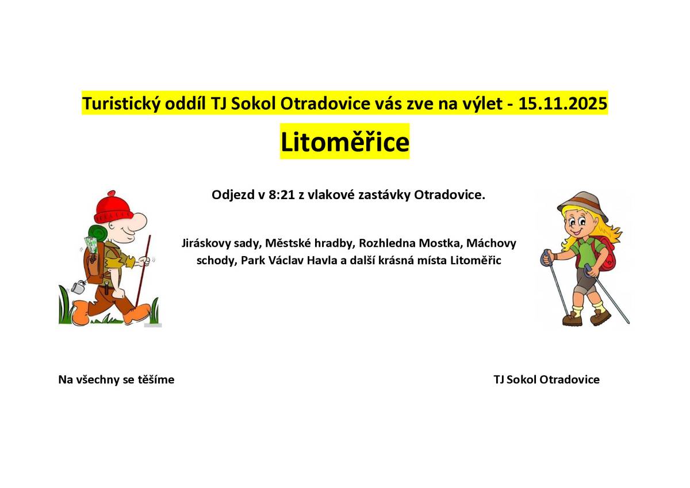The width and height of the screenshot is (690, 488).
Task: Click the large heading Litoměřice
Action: click(344, 142)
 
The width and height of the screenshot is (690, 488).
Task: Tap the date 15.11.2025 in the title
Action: click(563, 104)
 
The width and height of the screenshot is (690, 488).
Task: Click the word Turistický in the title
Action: click(118, 104)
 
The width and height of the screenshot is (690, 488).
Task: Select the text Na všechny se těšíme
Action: click(116, 379)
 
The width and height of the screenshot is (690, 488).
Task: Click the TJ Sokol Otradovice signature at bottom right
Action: click(546, 379)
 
